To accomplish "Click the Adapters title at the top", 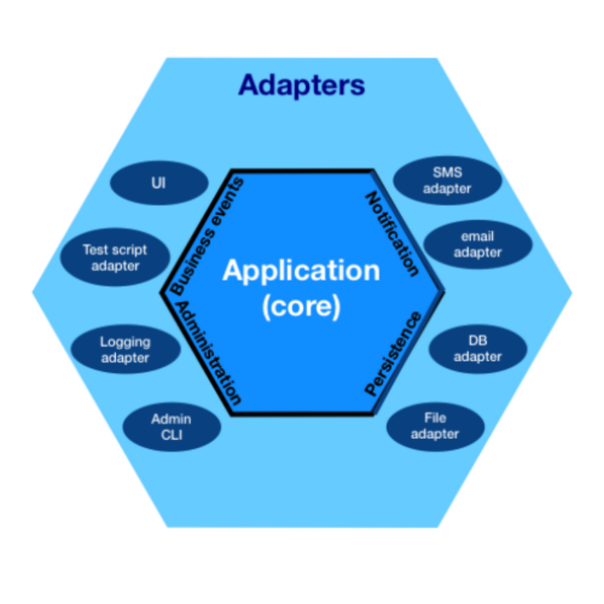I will (301, 85).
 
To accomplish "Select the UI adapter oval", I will (159, 183).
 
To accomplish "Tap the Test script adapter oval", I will (115, 258).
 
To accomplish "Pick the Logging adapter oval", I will (124, 350).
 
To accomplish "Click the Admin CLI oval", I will (171, 426).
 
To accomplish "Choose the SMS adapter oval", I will (447, 180).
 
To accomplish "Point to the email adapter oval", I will (477, 245).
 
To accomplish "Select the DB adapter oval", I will (477, 348).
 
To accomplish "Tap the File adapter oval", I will (435, 426).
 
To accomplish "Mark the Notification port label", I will (392, 233).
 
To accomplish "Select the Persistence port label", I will (393, 353).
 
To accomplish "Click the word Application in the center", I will (301, 271).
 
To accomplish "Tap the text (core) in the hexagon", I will (301, 307).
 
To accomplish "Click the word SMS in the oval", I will (447, 172).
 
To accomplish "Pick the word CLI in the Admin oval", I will (171, 434).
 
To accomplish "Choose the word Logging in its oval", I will (124, 342).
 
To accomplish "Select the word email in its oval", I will (477, 237).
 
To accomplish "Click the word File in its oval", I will (435, 418).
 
